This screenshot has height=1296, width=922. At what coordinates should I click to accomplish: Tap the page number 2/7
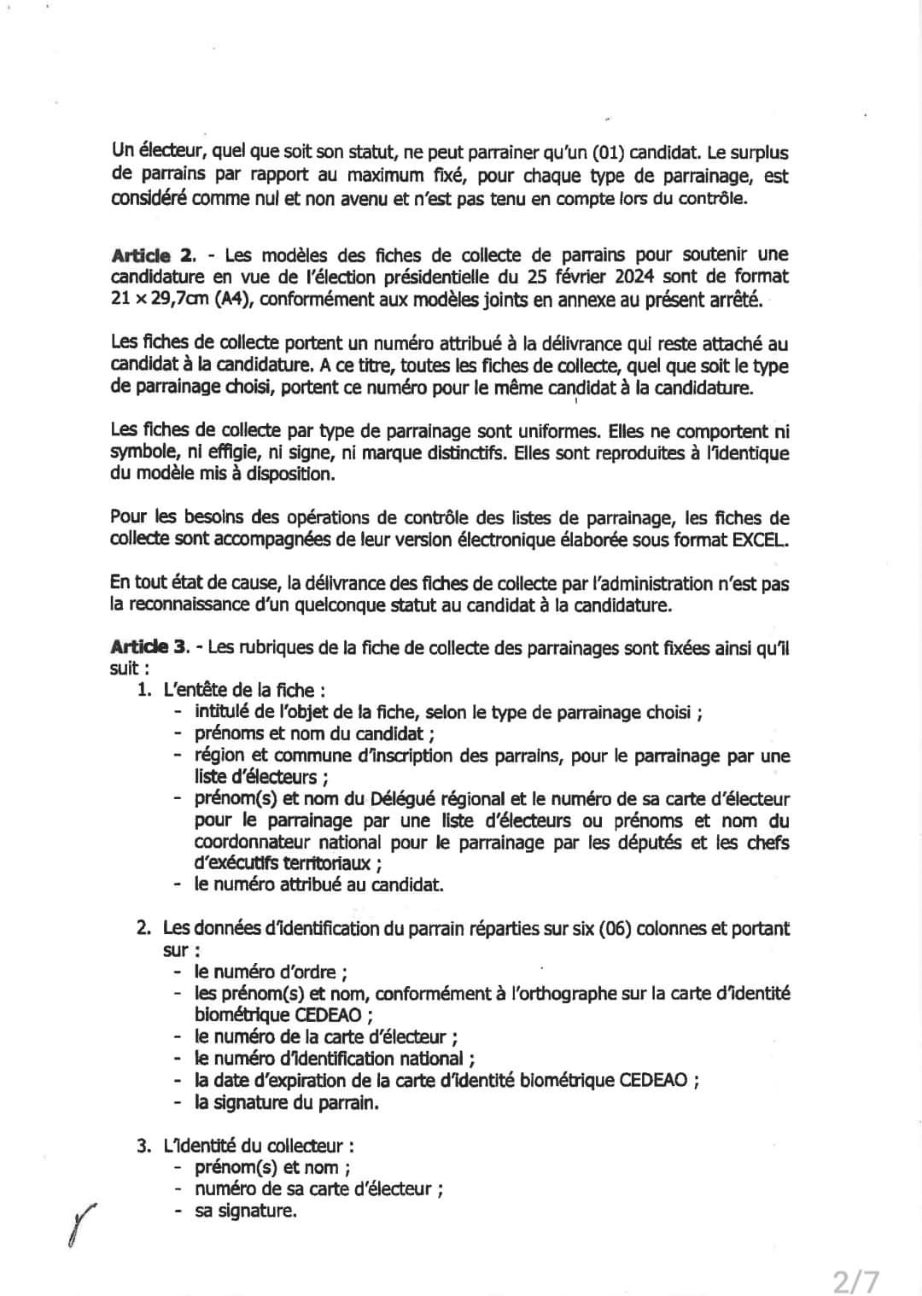856,1280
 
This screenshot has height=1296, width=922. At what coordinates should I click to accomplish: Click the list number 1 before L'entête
144,690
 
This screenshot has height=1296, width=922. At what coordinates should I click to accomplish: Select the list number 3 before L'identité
144,1146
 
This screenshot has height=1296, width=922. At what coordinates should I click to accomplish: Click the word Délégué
406,800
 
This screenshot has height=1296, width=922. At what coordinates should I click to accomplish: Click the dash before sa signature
178,1211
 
